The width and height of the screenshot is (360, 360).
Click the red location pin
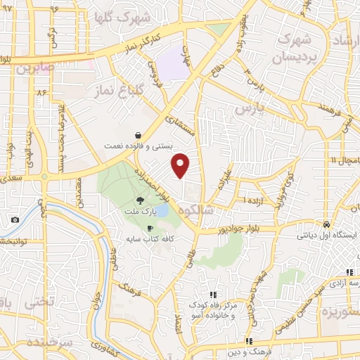pyautogui.click(x=181, y=165)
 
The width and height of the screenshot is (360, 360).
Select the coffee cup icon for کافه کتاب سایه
pyautogui.click(x=149, y=229)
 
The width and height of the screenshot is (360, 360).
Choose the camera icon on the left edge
pyautogui.click(x=15, y=219)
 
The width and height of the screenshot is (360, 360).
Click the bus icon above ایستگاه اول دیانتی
pyautogui.click(x=326, y=224)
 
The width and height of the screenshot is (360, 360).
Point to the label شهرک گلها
pyautogui.click(x=140, y=16)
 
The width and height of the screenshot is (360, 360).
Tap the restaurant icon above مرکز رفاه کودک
pyautogui.click(x=213, y=295)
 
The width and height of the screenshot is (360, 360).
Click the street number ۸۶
pyautogui.click(x=41, y=92)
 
